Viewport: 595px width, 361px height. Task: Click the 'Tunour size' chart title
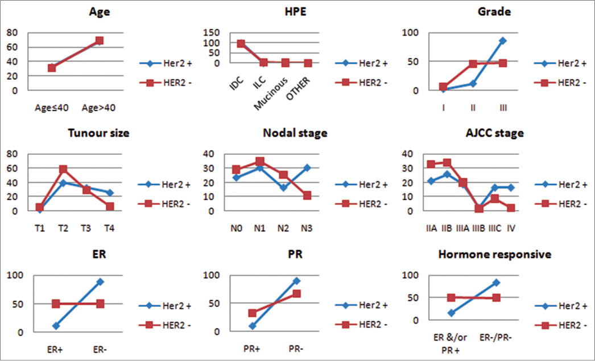coord(98,133)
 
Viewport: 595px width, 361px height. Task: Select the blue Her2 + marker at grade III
coord(502,41)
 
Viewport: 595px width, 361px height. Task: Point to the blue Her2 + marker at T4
coord(110,193)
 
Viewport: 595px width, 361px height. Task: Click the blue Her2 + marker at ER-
coord(100,282)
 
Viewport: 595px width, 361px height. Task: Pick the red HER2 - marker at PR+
coord(252,313)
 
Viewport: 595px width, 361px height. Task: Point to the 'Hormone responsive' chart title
coord(494,255)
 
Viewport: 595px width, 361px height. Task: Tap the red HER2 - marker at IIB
coord(447,163)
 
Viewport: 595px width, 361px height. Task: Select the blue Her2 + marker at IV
coord(511,187)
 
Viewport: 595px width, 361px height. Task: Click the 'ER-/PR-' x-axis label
coord(497,338)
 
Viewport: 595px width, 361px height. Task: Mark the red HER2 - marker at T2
coord(63,169)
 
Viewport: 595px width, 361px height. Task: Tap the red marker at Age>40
coord(100,40)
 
